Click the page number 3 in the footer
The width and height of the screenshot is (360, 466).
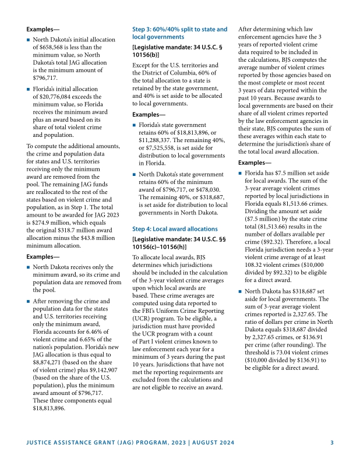[x=331, y=443]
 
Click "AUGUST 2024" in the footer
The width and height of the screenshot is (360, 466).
[x=210, y=443]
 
